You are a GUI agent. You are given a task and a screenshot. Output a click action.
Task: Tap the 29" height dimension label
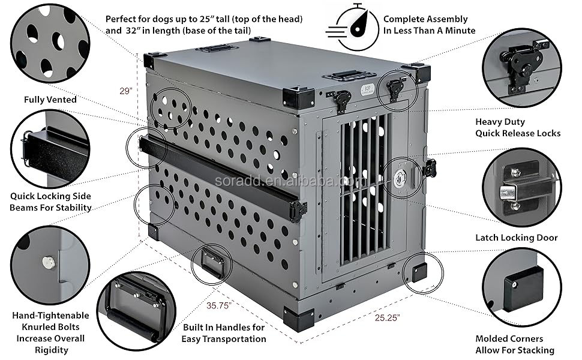tap(125, 91)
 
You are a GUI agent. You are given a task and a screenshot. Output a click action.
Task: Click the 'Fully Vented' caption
tap(50, 100)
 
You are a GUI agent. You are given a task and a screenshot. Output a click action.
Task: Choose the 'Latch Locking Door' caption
tap(516, 238)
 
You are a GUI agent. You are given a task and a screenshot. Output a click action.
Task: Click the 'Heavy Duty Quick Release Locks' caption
tap(518, 127)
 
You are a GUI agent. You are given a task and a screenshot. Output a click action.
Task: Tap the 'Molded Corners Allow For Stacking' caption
tap(515, 344)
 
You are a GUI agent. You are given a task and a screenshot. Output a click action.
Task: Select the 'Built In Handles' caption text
tap(223, 333)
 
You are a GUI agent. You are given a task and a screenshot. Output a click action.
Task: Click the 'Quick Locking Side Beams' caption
tap(50, 202)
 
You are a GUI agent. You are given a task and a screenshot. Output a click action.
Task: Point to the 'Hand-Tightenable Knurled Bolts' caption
tap(50, 332)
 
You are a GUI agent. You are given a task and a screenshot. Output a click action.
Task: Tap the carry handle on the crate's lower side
tap(212, 262)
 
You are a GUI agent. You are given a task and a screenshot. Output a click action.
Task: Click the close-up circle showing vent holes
tap(50, 43)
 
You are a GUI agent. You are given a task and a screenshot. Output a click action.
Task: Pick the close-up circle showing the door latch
tap(522, 187)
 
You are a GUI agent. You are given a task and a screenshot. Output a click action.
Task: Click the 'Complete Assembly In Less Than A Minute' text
tap(429, 25)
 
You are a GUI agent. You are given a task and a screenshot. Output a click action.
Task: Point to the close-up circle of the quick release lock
tap(522, 62)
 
